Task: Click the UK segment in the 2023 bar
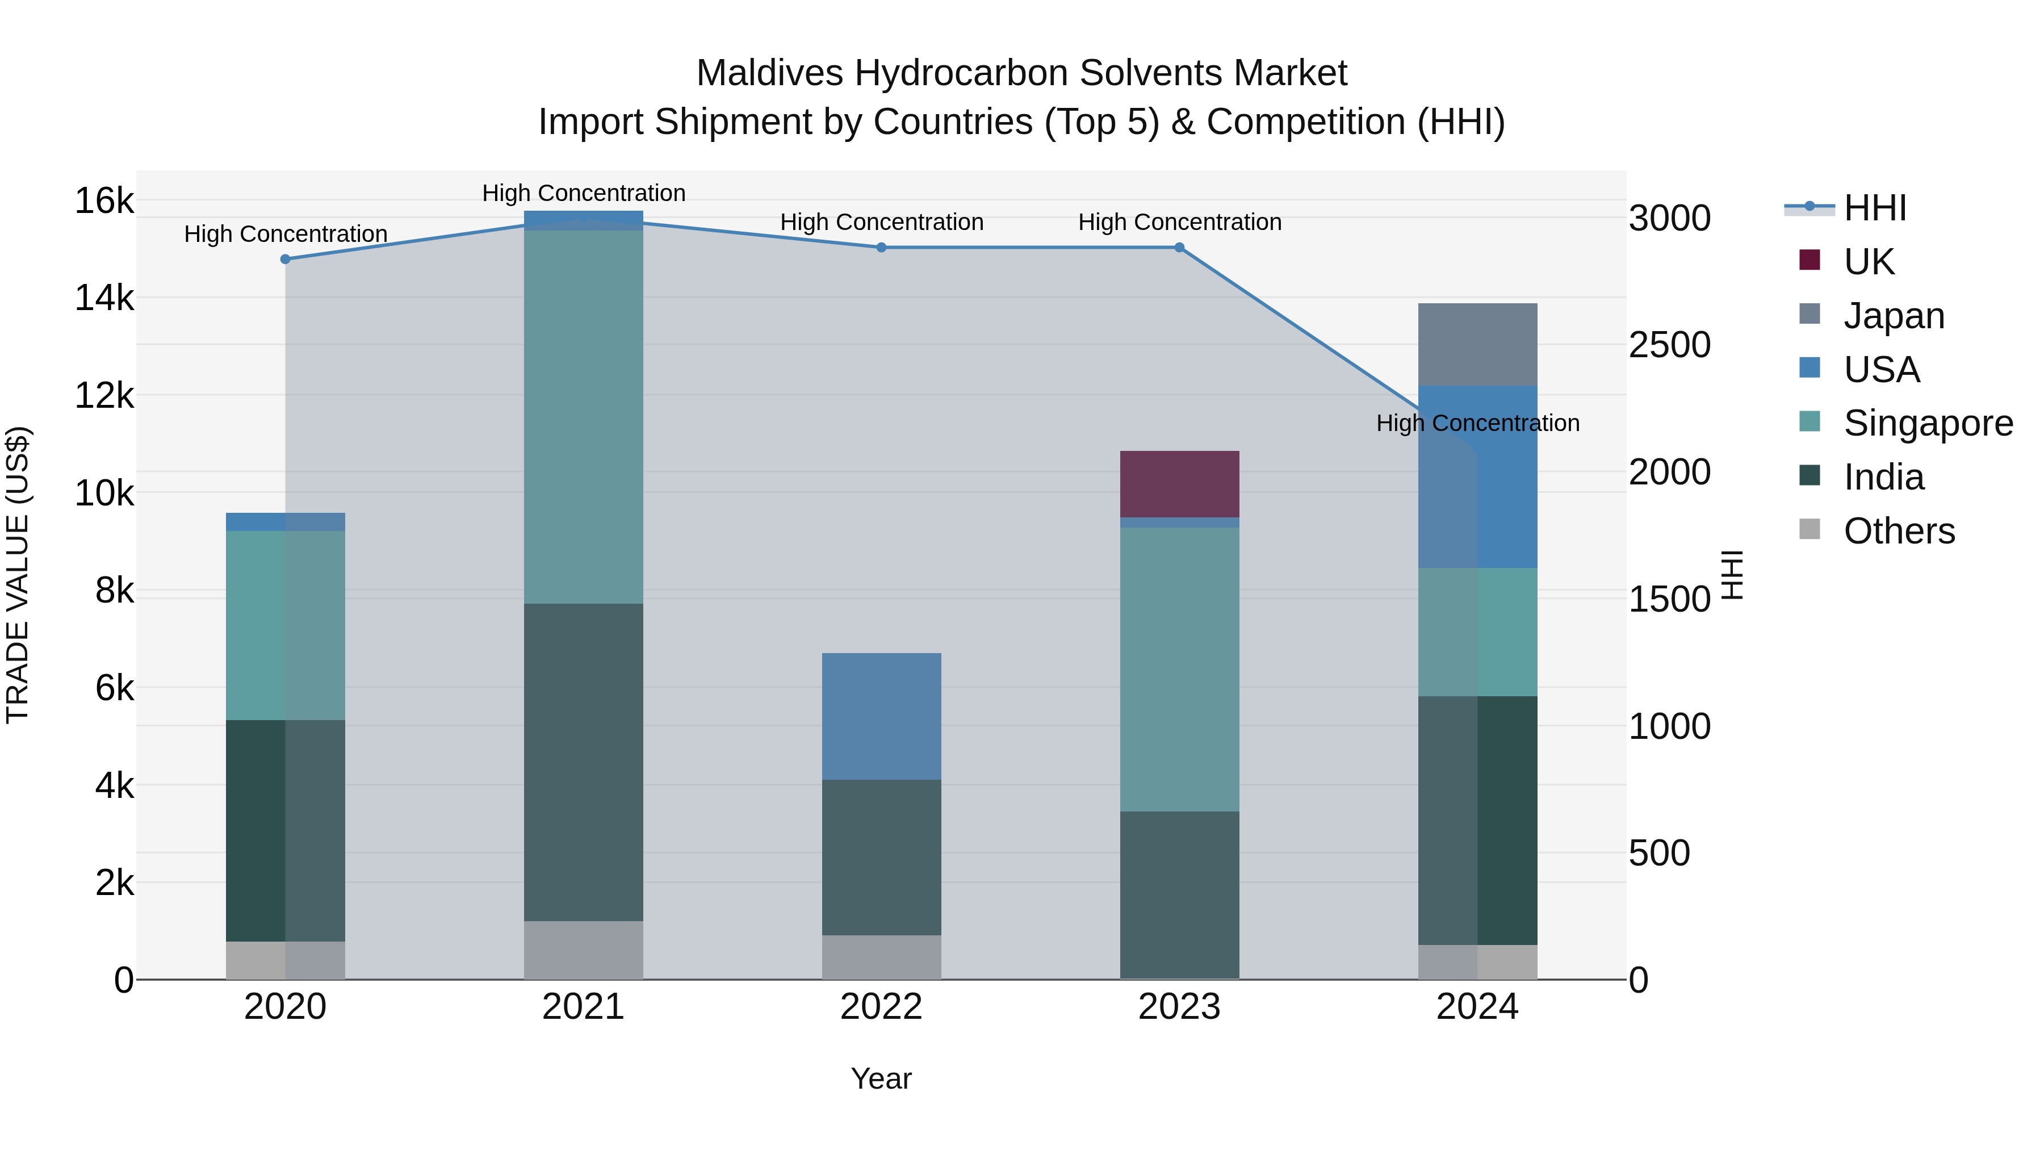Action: [1179, 484]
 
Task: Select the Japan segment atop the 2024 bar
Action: [1477, 345]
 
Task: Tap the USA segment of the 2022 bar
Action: [881, 716]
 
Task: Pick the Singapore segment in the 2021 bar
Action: [583, 417]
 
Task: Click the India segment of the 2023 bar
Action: [1179, 894]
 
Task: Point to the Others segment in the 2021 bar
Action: [583, 950]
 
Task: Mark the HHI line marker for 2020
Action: [286, 260]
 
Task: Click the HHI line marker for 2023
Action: [1179, 248]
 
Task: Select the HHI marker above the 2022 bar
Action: [881, 248]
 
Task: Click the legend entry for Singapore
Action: [1928, 423]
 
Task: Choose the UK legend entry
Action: [1869, 262]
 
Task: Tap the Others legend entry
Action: [1899, 531]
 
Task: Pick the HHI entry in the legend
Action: [1874, 208]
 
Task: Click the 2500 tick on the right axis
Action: [1669, 345]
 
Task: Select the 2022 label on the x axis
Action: [881, 1007]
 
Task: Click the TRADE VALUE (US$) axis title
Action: [18, 575]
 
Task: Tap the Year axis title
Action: [881, 1078]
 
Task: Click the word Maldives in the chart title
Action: [769, 74]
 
